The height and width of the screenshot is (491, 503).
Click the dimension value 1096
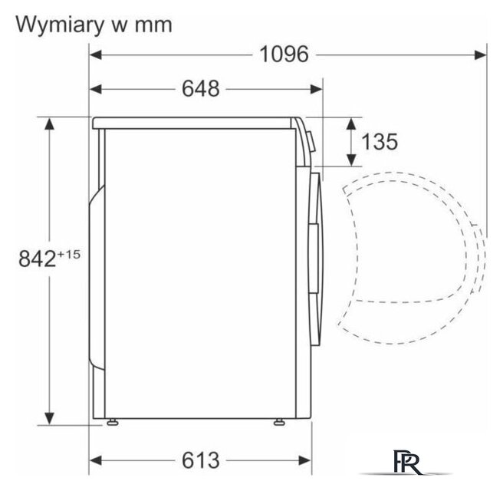click(x=284, y=54)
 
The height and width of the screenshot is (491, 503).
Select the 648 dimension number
click(x=201, y=88)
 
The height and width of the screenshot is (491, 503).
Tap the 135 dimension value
click(x=380, y=141)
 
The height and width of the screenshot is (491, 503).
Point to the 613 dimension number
click(x=201, y=460)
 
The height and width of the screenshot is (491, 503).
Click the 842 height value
click(x=38, y=259)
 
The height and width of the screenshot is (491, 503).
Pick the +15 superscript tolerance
click(x=69, y=255)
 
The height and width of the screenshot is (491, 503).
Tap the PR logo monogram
click(x=406, y=462)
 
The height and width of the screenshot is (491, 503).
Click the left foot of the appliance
click(x=112, y=422)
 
